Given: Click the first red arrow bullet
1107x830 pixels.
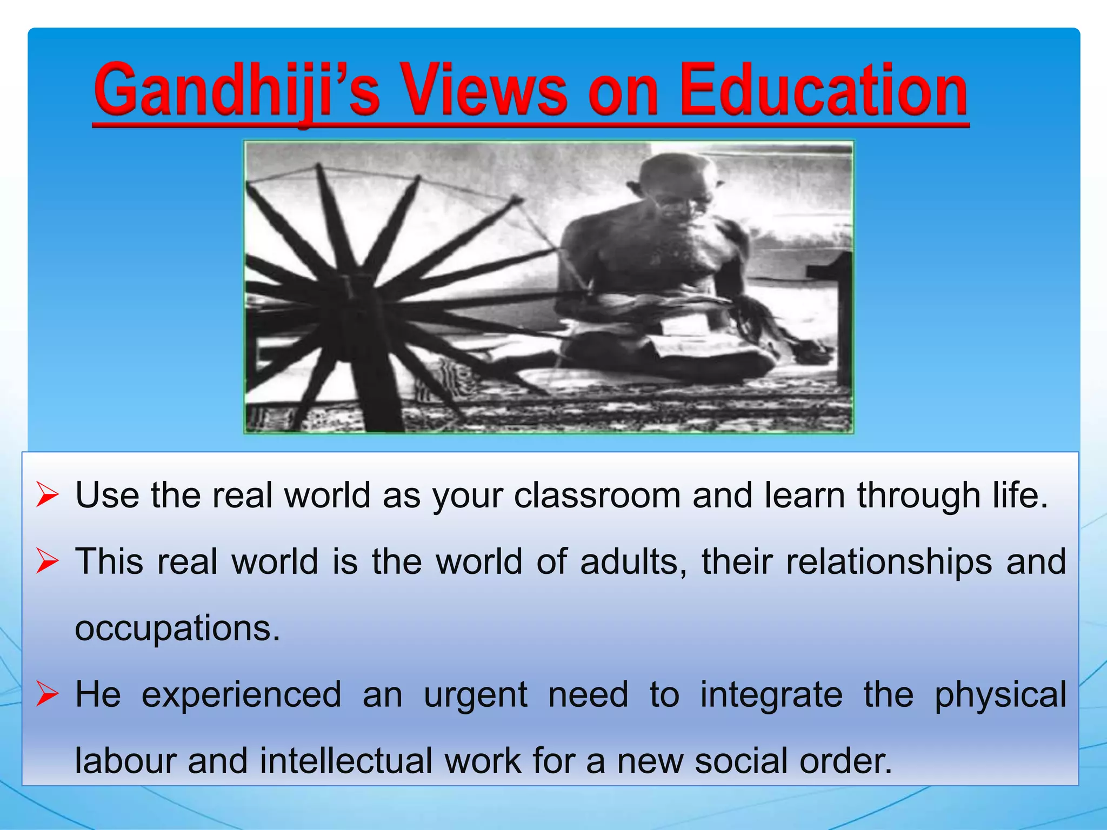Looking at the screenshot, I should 47,496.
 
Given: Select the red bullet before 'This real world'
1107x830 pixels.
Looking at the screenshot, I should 47,562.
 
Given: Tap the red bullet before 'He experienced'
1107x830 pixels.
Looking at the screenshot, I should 47,695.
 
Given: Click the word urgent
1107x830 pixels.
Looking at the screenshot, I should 475,695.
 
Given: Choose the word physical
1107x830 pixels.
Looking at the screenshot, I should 1001,695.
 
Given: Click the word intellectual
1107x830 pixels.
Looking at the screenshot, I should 346,761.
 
